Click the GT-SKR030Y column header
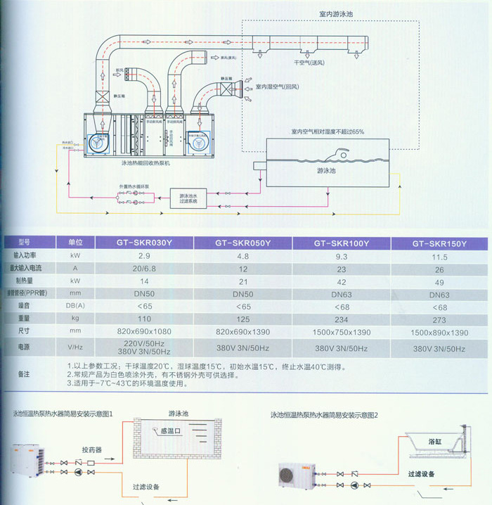[x=144, y=243]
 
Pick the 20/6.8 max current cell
[x=144, y=269]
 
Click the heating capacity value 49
[x=439, y=281]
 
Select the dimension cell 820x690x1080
[x=144, y=331]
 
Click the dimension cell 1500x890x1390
[x=439, y=332]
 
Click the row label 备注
[x=25, y=373]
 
